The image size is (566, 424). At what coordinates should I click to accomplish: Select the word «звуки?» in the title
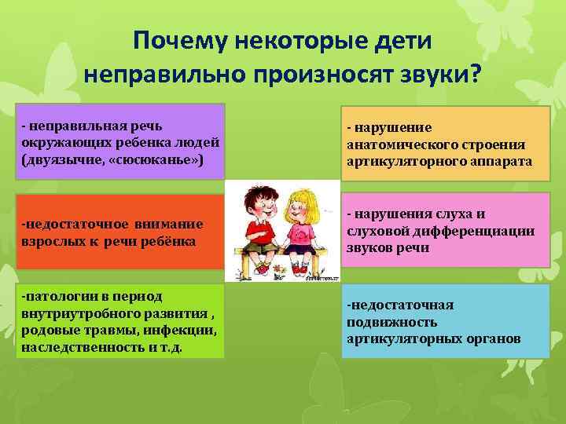437,76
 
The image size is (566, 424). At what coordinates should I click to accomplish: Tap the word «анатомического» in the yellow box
395,144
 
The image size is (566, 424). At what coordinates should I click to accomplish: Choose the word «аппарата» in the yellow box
502,161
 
